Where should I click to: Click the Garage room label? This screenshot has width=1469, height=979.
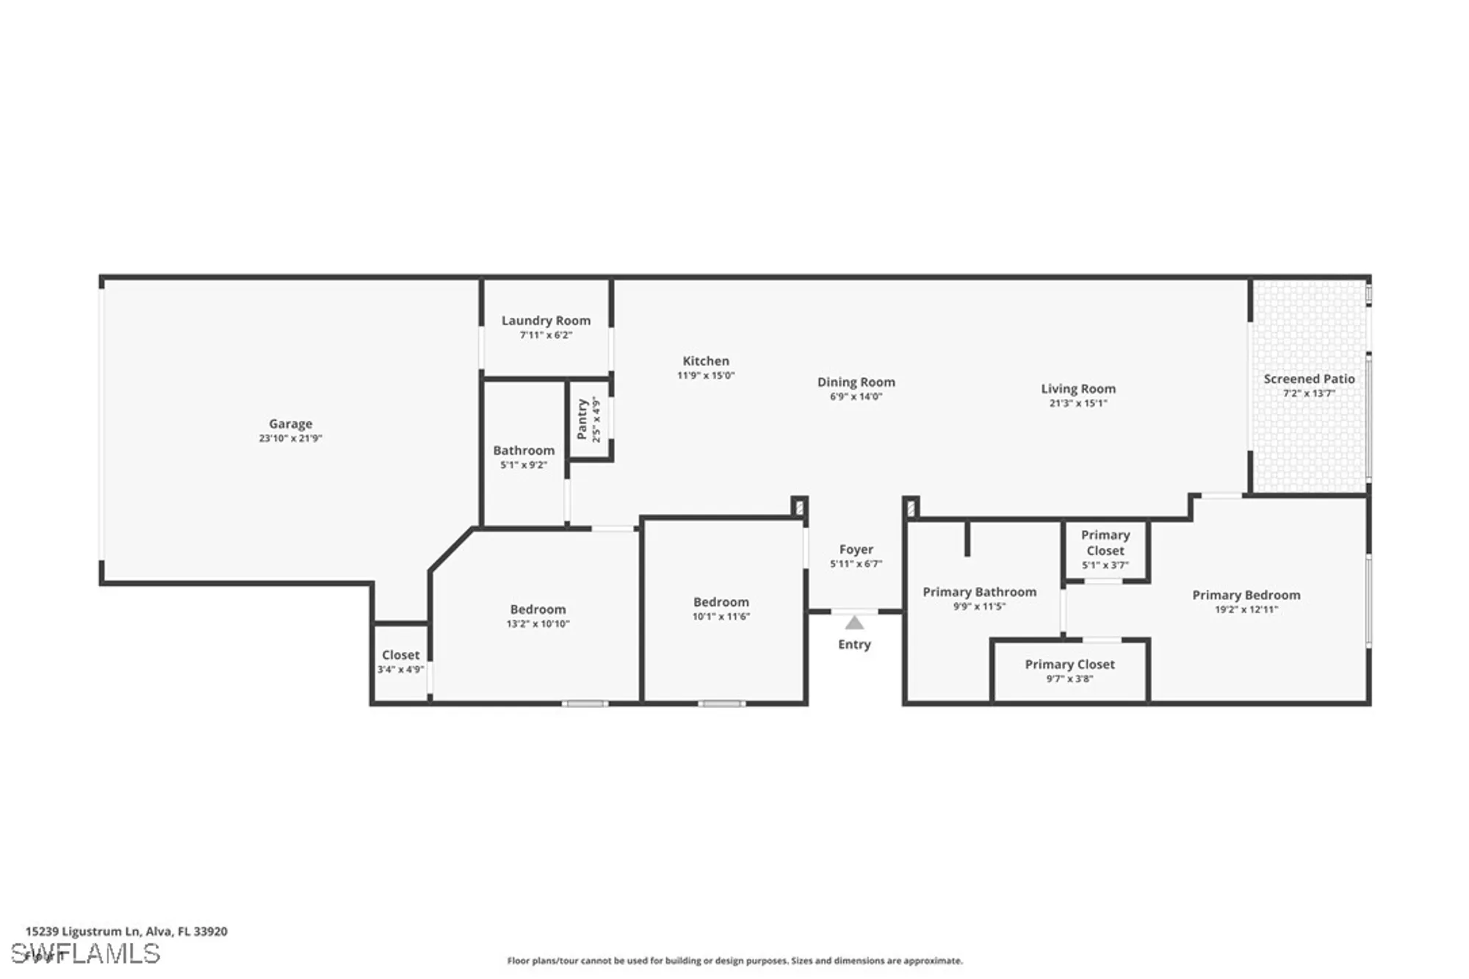[290, 424]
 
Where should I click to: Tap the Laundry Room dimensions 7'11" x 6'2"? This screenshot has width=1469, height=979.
[546, 335]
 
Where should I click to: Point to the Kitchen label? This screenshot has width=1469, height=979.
[705, 361]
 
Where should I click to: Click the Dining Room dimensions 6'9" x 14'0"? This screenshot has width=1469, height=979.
[856, 397]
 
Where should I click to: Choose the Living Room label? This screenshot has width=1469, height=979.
[1078, 389]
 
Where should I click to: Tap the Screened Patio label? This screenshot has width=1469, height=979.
[1308, 379]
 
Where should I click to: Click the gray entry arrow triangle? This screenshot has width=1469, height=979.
[853, 623]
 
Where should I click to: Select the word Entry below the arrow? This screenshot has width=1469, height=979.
[854, 644]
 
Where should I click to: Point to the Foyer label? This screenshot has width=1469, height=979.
[856, 549]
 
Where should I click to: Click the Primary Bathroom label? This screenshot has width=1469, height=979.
[979, 592]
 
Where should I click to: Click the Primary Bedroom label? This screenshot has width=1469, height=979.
[1246, 595]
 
